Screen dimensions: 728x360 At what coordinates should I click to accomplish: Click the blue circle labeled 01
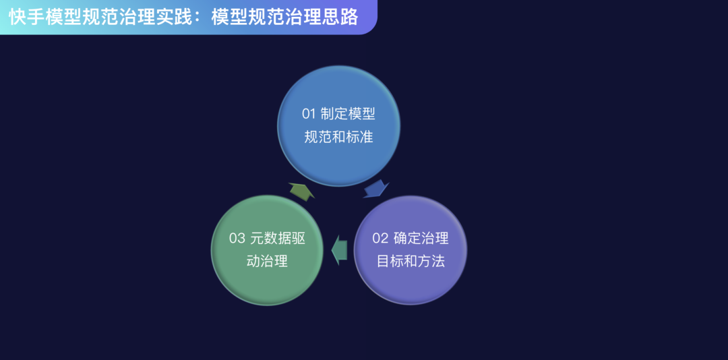[x=338, y=125]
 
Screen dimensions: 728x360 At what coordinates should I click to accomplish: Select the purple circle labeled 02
[x=411, y=250]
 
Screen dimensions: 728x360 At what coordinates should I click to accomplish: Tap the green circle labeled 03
[x=267, y=250]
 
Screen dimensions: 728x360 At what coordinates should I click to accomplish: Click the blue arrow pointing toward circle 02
[x=376, y=189]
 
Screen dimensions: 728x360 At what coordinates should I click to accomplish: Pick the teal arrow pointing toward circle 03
[x=339, y=250]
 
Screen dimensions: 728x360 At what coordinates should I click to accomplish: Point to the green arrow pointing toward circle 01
[x=301, y=191]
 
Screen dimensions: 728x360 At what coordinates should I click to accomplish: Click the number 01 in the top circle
[x=309, y=114]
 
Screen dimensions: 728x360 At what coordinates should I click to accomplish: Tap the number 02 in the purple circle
[x=380, y=238]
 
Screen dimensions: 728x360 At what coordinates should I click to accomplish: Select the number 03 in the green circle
[x=237, y=238]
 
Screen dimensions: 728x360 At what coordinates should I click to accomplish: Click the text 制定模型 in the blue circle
[x=348, y=114]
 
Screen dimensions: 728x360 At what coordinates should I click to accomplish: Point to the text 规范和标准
[x=339, y=137]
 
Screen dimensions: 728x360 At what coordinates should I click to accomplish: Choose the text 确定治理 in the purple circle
[x=421, y=238]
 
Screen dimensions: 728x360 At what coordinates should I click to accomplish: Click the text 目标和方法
[x=411, y=262]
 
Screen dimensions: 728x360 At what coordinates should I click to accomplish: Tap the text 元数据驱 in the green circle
[x=278, y=238]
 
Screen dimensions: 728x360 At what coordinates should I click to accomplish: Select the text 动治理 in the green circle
[x=267, y=262]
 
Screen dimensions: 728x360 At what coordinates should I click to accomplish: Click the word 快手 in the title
[x=26, y=17]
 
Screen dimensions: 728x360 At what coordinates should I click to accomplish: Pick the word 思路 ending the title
[x=341, y=17]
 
